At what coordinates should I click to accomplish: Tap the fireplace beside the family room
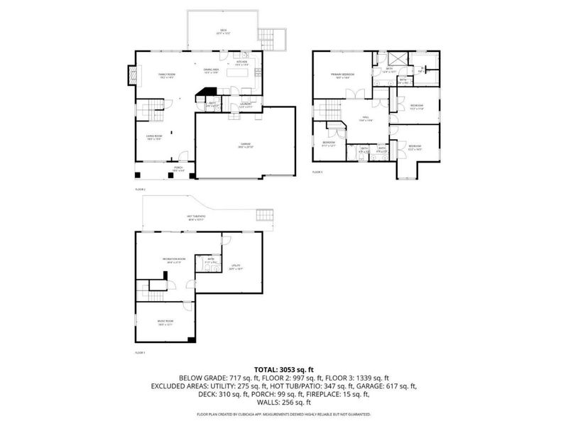tap(131, 75)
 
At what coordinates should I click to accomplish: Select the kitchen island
tap(238, 72)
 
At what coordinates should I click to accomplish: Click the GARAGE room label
tap(245, 145)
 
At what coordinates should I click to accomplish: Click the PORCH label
tap(177, 169)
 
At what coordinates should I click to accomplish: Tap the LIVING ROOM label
tap(154, 138)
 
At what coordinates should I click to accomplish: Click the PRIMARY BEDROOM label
tap(342, 75)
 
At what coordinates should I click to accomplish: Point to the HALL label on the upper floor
tap(364, 120)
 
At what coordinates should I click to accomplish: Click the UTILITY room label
tap(236, 267)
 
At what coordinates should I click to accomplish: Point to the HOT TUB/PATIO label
tap(196, 217)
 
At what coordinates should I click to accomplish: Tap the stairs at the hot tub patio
tap(265, 215)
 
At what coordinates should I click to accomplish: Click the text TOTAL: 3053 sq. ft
tap(284, 370)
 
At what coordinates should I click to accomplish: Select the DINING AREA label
tap(211, 72)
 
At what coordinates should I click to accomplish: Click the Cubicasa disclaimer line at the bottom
tap(284, 413)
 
